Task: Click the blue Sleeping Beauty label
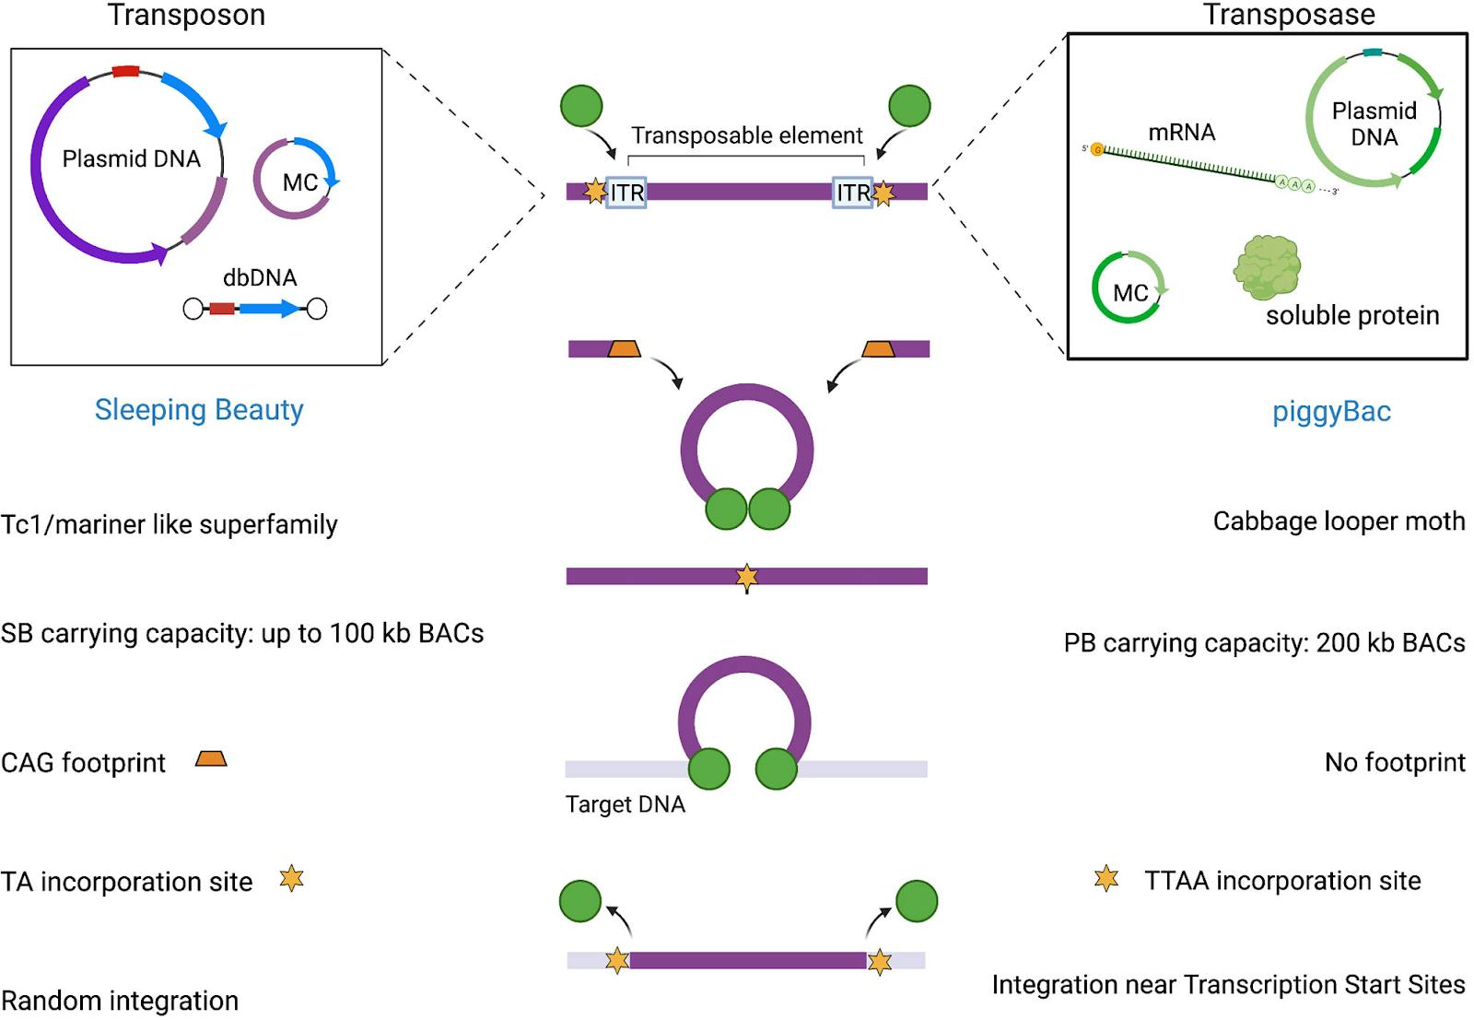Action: (199, 409)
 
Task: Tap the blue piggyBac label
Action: (1331, 411)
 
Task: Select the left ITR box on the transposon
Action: (626, 193)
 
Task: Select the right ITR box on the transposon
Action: (852, 193)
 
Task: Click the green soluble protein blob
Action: (1267, 267)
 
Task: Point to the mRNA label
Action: (1181, 133)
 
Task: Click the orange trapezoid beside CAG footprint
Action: (211, 759)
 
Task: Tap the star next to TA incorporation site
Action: (291, 879)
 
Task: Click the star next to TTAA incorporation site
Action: (1106, 879)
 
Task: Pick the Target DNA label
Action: (625, 804)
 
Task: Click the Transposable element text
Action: (746, 135)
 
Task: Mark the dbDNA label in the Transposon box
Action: (260, 277)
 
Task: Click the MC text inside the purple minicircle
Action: (300, 182)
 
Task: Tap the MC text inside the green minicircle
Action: (1130, 293)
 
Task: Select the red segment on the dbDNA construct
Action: (221, 309)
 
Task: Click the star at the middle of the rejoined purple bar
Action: (746, 578)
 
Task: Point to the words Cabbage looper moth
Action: (1338, 522)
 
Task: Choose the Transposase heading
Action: (1288, 15)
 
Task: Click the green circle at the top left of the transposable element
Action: (581, 106)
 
